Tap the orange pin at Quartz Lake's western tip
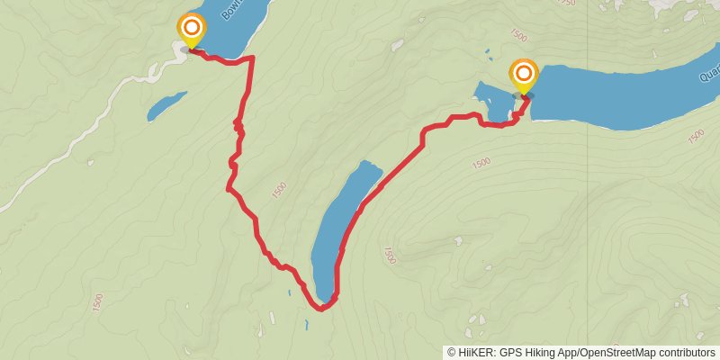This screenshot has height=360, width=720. tap(523, 75)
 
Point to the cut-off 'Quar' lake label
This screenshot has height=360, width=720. tap(706, 77)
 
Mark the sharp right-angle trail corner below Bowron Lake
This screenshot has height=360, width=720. tap(251, 58)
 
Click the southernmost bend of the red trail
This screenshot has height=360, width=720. tap(320, 308)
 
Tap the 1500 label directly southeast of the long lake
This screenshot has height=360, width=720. tap(389, 256)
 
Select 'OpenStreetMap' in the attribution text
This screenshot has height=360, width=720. tap(616, 353)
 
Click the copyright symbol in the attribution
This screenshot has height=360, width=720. tap(451, 353)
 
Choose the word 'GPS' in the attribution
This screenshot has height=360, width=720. tap(511, 353)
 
